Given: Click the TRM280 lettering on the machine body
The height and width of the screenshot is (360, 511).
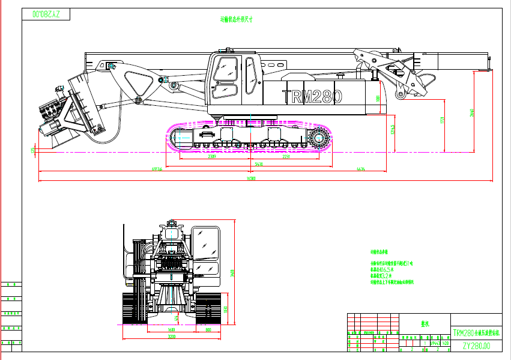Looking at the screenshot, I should tap(312, 97).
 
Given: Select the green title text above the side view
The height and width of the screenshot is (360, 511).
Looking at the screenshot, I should tap(237, 19).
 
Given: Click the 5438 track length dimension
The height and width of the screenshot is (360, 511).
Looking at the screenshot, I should tap(259, 163).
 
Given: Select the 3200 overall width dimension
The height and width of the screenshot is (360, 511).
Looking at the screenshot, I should tap(171, 337).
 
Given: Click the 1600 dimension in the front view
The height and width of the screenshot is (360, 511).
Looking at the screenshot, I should tap(171, 330).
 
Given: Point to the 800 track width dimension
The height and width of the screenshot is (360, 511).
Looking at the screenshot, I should tap(208, 330).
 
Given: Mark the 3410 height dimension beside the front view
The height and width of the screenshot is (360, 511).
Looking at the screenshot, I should tap(232, 274).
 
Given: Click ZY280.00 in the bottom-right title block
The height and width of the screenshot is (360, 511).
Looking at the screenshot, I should tap(476, 346).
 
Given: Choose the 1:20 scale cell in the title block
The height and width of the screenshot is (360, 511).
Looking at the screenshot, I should tap(446, 343).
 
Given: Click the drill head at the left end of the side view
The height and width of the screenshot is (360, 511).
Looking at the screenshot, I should tap(54, 111).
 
